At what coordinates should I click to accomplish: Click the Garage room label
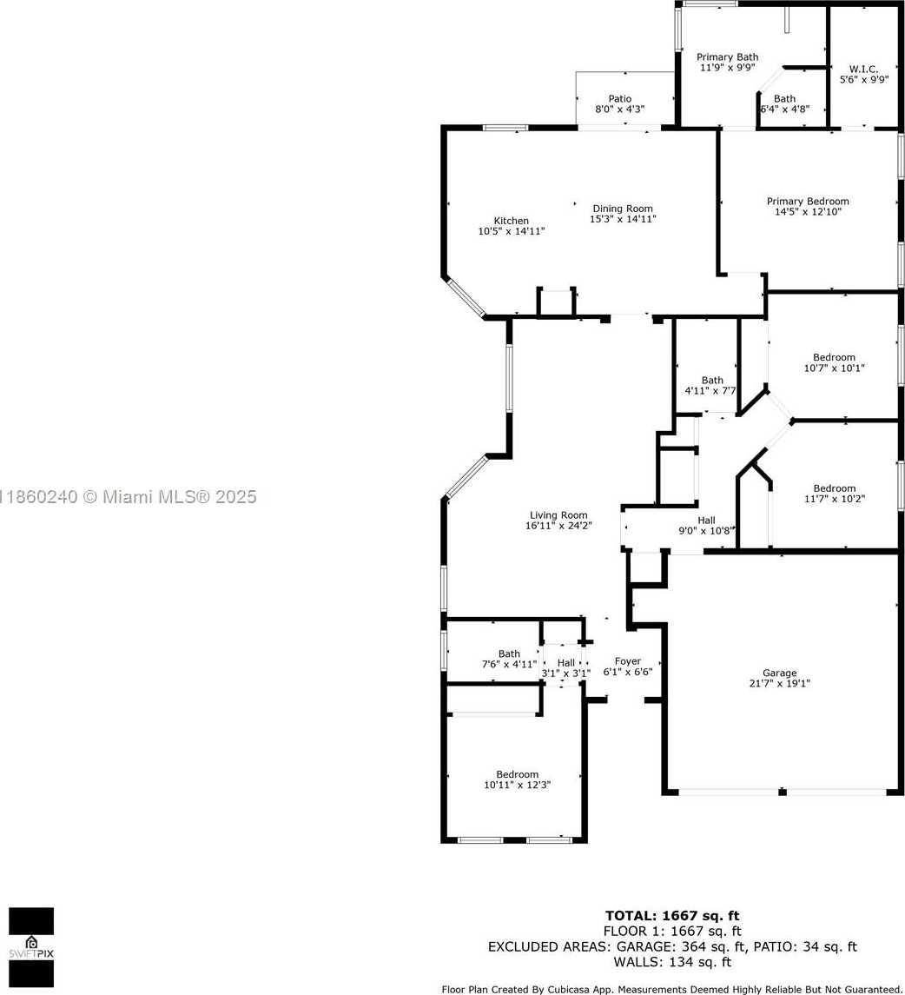tap(779, 673)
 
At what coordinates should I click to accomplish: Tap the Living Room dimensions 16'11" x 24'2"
tap(558, 526)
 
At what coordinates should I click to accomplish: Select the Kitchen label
tap(512, 221)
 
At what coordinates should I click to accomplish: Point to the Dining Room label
tap(623, 209)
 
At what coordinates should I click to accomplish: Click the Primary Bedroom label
tap(808, 201)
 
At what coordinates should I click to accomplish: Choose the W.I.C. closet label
tap(864, 69)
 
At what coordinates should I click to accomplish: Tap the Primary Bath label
tap(728, 57)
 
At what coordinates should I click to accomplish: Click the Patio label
tap(619, 98)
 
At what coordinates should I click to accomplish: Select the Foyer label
tap(627, 661)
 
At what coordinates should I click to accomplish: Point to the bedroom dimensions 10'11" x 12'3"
tap(517, 785)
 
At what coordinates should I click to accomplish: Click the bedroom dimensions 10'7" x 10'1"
tap(834, 368)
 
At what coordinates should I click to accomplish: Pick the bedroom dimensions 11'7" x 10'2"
tap(834, 499)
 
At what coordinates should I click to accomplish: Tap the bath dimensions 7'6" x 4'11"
tap(509, 665)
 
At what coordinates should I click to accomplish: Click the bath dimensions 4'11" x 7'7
tap(710, 390)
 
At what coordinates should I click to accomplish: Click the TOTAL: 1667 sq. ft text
tap(671, 916)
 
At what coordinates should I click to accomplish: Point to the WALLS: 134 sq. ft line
tap(672, 962)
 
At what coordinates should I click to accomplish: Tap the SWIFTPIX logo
tap(31, 947)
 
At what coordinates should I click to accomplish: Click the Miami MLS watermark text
tap(129, 497)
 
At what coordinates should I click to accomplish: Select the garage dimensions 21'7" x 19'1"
tap(779, 683)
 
